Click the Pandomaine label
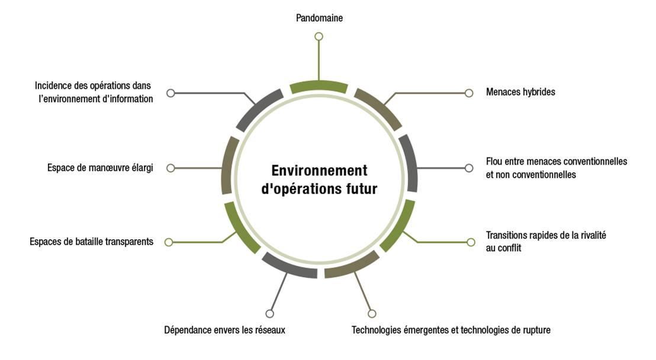point(319,18)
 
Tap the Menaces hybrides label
point(520,92)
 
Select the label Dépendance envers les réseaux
point(224,330)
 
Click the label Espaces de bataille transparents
point(92,242)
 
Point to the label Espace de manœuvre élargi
point(100,168)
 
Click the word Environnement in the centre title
point(319,171)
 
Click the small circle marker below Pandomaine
point(319,37)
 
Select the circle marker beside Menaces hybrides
point(469,93)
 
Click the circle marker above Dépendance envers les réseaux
point(270,314)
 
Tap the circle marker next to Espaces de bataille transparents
point(169,242)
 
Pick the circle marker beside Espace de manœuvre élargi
point(171,168)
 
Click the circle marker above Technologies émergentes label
point(372,314)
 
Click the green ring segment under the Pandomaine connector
point(319,86)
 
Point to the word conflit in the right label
point(509,247)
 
